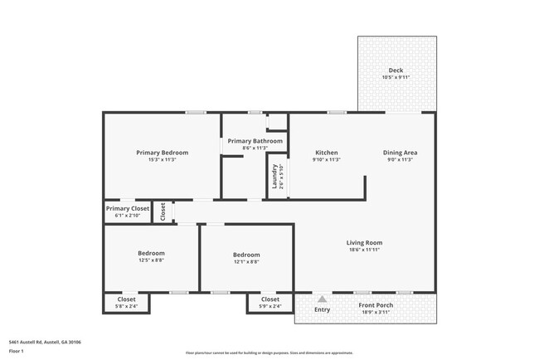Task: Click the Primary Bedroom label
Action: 162,153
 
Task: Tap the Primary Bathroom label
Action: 255,141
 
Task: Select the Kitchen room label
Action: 327,153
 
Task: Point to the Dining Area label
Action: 400,153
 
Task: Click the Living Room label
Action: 364,243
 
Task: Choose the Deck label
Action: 396,71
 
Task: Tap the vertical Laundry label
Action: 274,177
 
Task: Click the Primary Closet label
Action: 128,209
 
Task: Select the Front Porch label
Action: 375,305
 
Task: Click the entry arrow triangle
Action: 322,299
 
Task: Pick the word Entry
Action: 322,310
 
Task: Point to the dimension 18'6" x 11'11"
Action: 364,250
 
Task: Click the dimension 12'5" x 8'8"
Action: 151,261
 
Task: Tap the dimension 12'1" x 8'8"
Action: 246,262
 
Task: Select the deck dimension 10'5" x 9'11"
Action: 396,77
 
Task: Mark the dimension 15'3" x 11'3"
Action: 162,159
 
